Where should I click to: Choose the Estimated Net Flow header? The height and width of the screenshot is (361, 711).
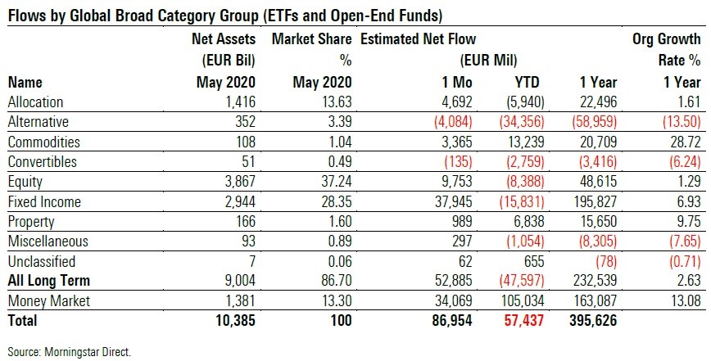[x=418, y=38]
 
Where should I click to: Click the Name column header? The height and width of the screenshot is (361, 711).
[x=25, y=82]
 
